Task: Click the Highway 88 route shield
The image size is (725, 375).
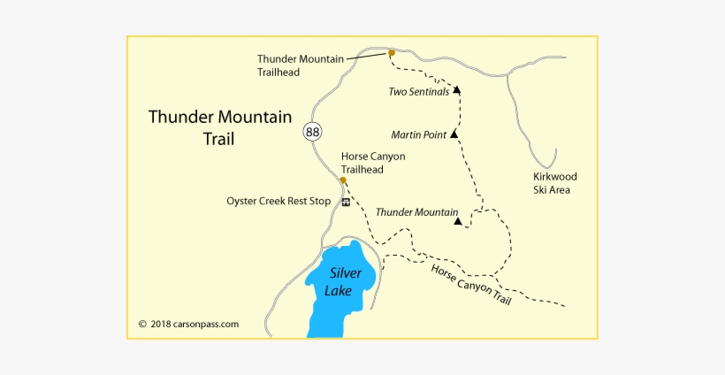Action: (x=312, y=132)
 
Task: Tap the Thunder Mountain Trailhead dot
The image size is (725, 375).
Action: (x=391, y=53)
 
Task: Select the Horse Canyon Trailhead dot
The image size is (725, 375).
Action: (x=343, y=180)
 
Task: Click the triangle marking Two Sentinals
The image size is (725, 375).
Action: (x=457, y=90)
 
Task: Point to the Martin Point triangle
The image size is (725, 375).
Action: (x=454, y=135)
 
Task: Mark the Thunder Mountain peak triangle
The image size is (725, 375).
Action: (x=457, y=221)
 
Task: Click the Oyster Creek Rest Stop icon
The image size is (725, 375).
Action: (x=345, y=202)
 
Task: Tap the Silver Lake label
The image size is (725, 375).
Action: (x=344, y=282)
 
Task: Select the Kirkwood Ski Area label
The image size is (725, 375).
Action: (x=555, y=183)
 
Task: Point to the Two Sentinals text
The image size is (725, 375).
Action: (x=419, y=91)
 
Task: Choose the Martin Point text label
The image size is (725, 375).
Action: (x=419, y=135)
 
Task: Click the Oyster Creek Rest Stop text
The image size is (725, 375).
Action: (x=279, y=201)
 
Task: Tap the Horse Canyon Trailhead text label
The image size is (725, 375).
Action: (x=373, y=163)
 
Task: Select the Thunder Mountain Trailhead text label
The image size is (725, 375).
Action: (x=300, y=65)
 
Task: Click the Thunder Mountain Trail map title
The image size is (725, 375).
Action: (x=219, y=127)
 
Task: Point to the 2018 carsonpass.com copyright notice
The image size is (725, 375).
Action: (x=188, y=324)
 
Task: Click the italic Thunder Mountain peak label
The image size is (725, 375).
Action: (x=416, y=212)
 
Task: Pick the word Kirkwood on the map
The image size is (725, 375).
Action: (x=555, y=176)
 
